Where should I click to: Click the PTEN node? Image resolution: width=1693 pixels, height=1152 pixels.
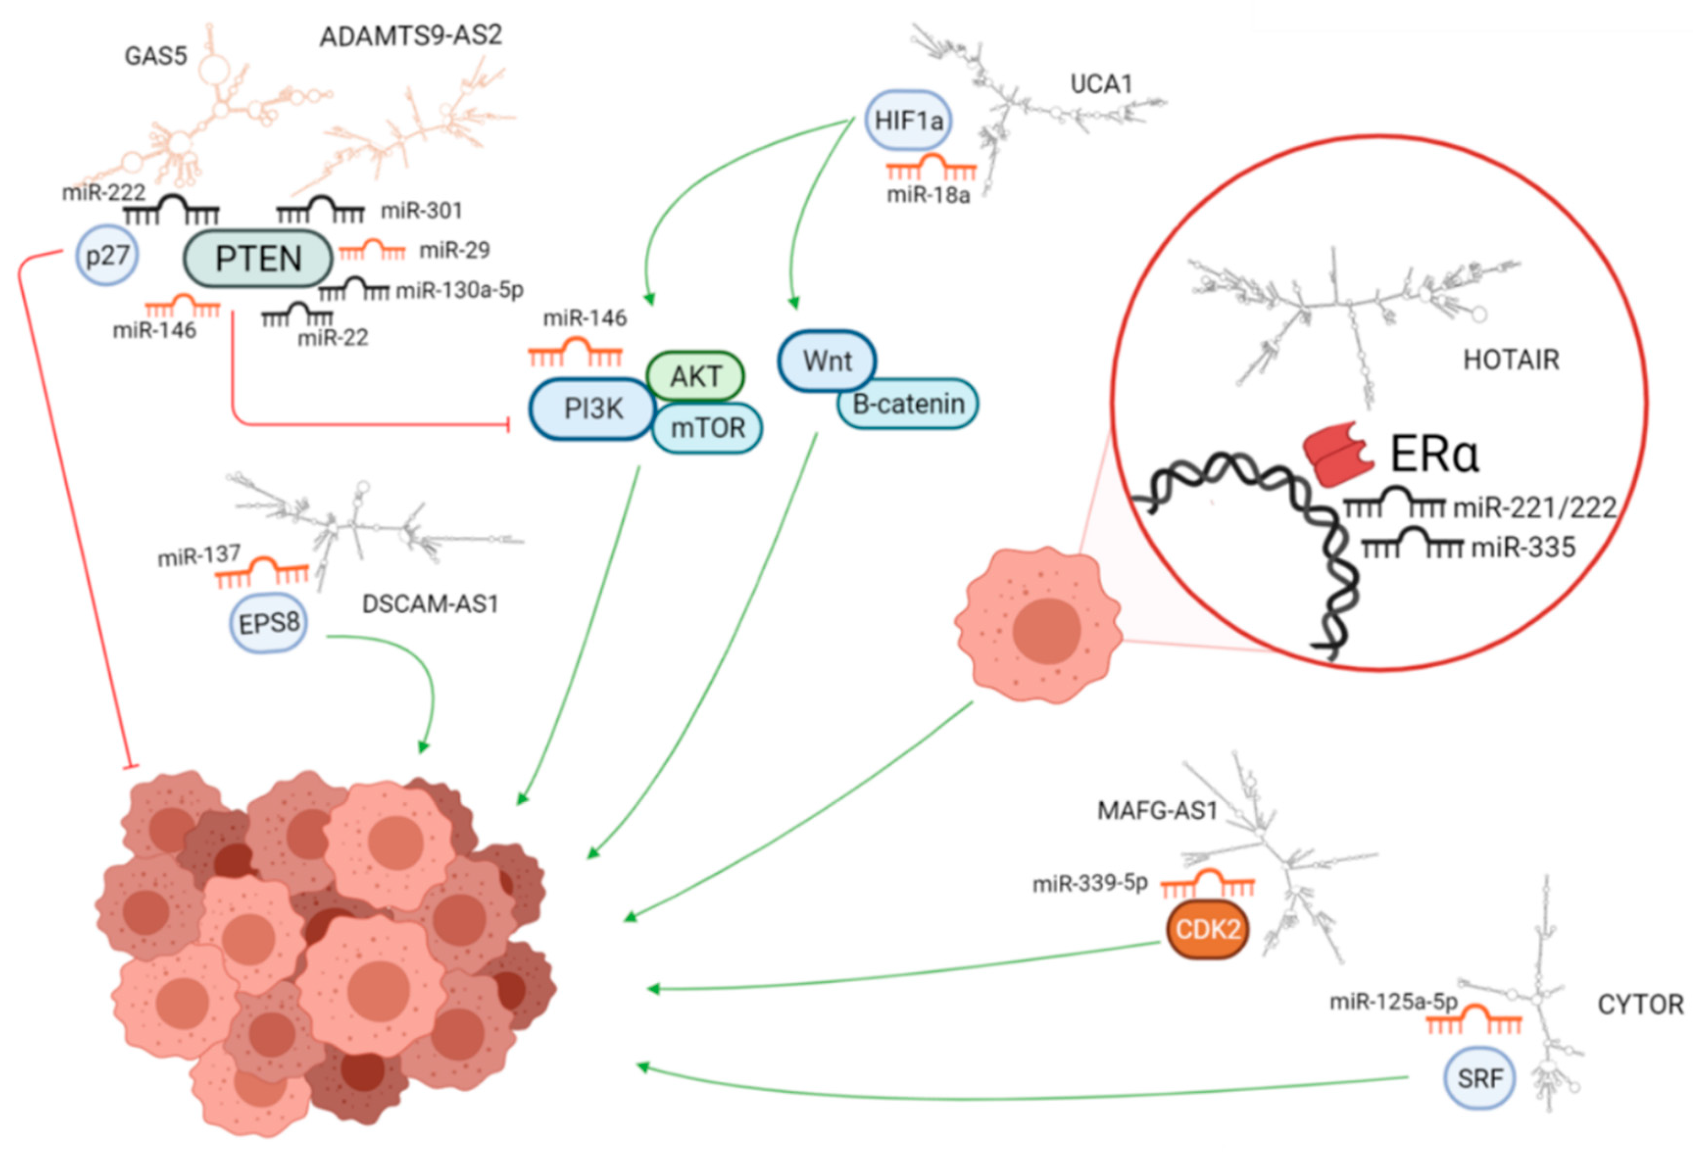tap(258, 259)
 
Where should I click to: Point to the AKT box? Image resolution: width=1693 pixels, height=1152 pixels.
tap(696, 376)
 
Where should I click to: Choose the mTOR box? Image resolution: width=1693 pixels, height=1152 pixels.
tap(708, 428)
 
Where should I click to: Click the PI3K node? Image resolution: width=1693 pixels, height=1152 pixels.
tap(593, 409)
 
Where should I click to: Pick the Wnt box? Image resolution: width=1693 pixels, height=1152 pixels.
tap(827, 361)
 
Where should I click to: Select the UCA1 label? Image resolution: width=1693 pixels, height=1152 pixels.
tap(1101, 84)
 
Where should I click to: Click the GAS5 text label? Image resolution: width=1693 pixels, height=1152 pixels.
tap(156, 56)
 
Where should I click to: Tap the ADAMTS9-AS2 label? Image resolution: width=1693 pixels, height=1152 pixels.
tap(411, 36)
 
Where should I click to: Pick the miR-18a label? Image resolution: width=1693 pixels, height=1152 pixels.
tap(928, 195)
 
